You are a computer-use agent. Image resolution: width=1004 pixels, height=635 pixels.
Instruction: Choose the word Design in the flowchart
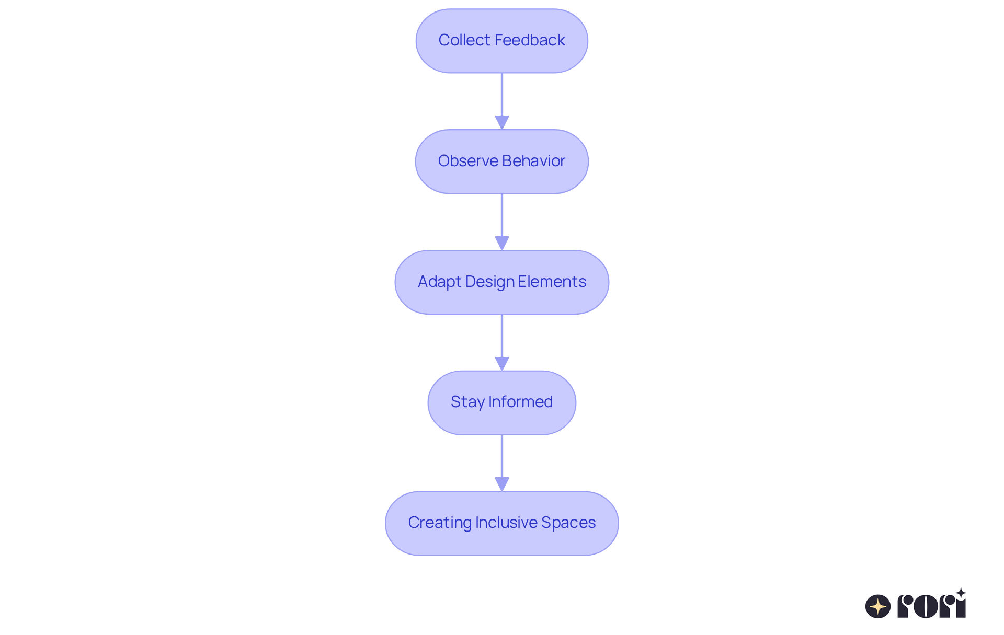click(x=489, y=282)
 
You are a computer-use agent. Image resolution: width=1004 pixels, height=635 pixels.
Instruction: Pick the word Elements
click(x=552, y=282)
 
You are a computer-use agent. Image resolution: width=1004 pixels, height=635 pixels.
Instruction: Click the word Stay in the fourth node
click(x=467, y=402)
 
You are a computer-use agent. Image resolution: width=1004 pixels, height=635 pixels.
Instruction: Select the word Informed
click(x=520, y=402)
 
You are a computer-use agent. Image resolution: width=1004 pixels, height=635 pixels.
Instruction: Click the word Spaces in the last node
click(x=568, y=523)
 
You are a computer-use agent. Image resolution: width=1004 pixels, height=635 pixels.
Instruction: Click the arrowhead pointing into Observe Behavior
click(x=502, y=123)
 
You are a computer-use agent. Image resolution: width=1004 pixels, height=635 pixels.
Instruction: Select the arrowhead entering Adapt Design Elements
click(x=502, y=244)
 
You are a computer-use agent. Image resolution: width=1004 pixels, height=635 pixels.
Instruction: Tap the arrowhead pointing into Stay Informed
click(x=502, y=364)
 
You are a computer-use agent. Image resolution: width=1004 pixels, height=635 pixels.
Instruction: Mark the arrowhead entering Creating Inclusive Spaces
click(x=502, y=484)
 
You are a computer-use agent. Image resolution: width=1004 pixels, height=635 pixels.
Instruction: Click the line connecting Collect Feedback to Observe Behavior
click(x=502, y=94)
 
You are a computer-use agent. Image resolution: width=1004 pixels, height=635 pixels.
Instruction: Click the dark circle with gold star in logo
click(x=878, y=606)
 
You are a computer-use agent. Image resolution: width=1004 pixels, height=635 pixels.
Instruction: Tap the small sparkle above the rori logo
click(x=961, y=593)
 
